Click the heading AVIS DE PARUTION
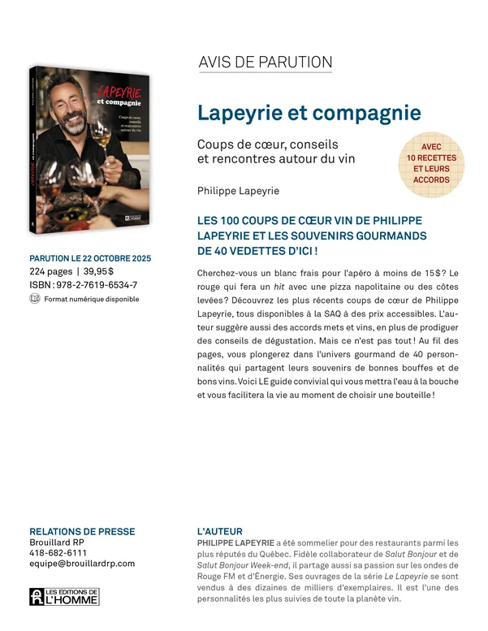pyautogui.click(x=265, y=62)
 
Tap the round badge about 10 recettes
pyautogui.click(x=431, y=163)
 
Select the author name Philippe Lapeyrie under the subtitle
pyautogui.click(x=237, y=191)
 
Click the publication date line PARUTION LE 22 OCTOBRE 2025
pyautogui.click(x=90, y=258)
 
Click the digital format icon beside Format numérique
pyautogui.click(x=34, y=299)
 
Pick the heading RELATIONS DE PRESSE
pyautogui.click(x=82, y=532)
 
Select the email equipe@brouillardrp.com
pyautogui.click(x=82, y=564)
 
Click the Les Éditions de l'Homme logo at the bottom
pyautogui.click(x=64, y=597)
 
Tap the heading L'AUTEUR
pyautogui.click(x=219, y=532)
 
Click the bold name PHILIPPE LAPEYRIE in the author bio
pyautogui.click(x=235, y=542)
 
